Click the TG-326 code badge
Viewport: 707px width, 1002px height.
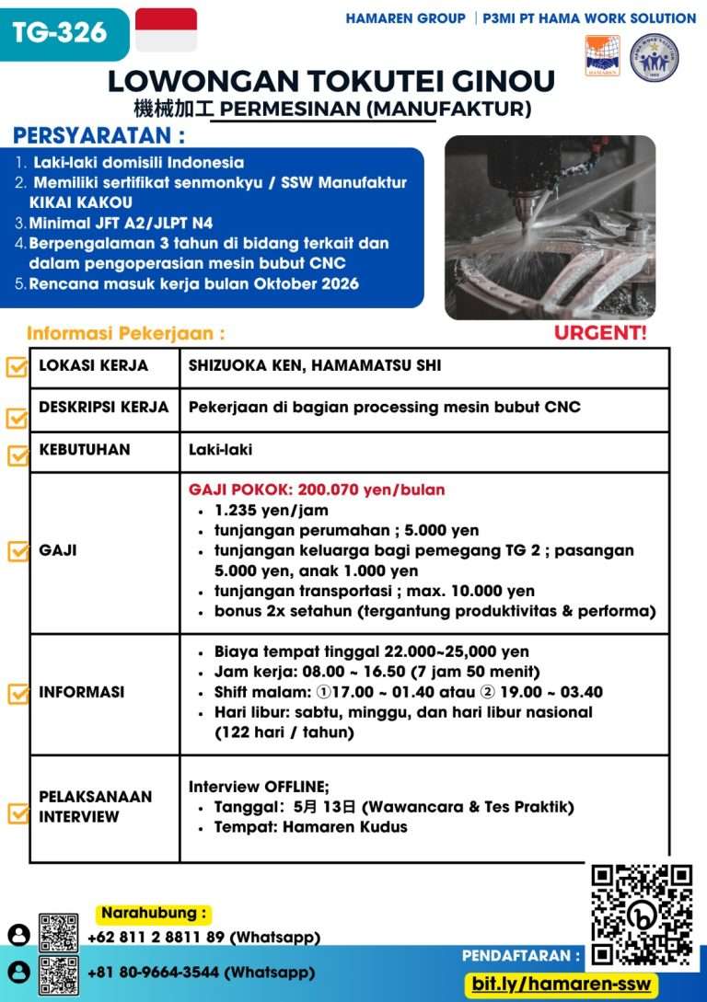pos(60,33)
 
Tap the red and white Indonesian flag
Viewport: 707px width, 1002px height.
pos(166,29)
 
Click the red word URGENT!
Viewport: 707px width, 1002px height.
pos(599,332)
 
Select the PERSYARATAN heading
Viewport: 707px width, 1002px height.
pos(99,136)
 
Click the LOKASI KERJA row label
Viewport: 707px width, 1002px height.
pos(93,365)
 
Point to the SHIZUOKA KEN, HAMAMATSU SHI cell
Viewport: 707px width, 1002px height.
pos(315,365)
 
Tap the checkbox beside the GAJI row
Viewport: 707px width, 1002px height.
pos(17,551)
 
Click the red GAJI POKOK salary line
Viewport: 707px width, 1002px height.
pos(317,489)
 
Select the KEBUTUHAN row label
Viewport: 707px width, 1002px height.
pos(85,450)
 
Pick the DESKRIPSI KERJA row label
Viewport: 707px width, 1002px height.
pos(104,407)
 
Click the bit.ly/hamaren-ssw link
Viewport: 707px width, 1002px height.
pos(562,984)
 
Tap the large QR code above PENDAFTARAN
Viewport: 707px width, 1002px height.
pos(641,915)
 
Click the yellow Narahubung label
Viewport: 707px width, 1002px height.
pos(154,914)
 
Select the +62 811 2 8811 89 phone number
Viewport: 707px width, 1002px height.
pos(204,938)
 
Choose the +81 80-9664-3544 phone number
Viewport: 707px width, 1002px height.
pos(201,972)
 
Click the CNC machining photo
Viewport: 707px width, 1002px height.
pos(550,227)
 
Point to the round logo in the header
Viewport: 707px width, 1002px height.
pos(654,57)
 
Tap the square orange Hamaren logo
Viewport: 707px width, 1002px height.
pos(602,56)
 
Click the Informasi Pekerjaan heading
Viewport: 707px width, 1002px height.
pos(125,333)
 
